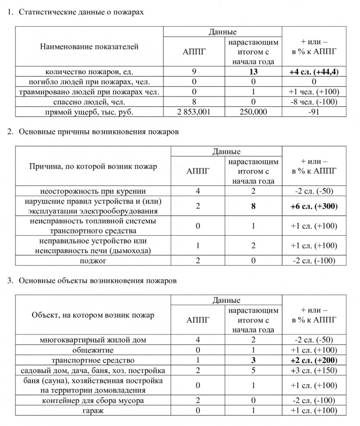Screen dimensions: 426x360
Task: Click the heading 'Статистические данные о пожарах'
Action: [81, 12]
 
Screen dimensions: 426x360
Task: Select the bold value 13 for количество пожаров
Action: [253, 72]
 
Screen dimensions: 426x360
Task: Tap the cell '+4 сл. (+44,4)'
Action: [314, 72]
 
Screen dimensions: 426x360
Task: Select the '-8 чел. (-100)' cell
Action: [314, 101]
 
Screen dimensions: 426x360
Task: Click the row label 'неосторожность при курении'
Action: [92, 191]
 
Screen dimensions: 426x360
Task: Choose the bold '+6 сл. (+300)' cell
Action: [314, 206]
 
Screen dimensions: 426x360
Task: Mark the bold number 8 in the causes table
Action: [253, 206]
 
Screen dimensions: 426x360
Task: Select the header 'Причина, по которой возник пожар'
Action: [92, 166]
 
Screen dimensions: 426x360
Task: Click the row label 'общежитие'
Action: [92, 350]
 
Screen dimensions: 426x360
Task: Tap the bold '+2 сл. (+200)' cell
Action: [314, 360]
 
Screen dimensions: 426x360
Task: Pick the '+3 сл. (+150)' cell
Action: [314, 370]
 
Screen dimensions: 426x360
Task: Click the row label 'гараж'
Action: [92, 410]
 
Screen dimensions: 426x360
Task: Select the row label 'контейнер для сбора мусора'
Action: [92, 400]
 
